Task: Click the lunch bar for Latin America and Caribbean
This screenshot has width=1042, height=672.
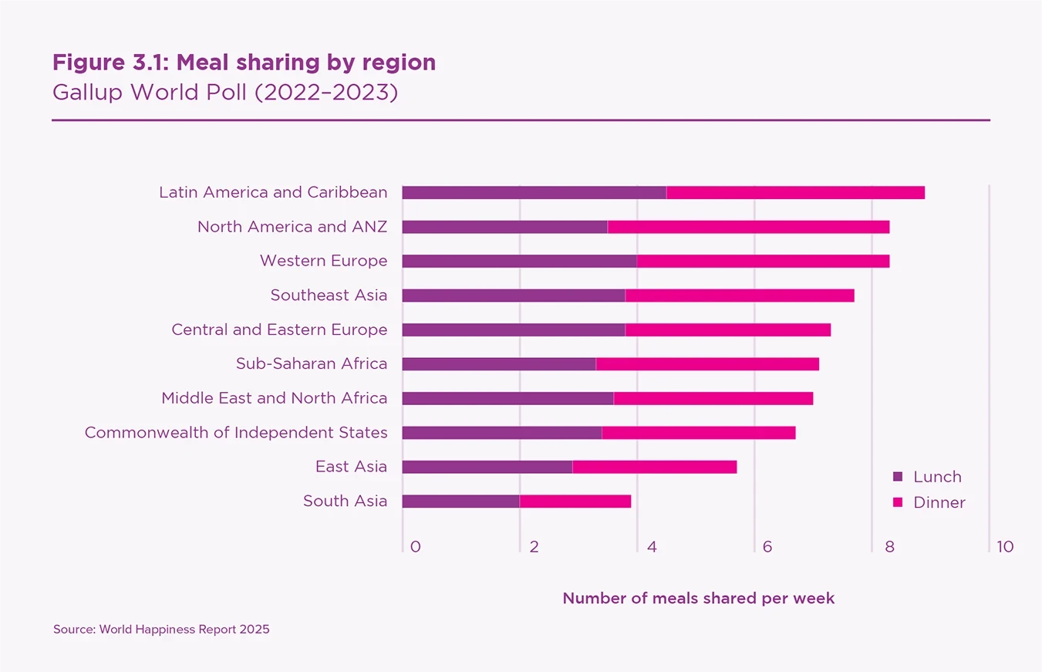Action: click(534, 193)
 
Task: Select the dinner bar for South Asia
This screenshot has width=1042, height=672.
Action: click(575, 501)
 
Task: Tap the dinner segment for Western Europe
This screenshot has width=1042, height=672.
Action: click(763, 261)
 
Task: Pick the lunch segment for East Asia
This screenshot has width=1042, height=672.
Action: click(487, 467)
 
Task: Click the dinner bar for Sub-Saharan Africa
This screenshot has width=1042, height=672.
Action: click(707, 364)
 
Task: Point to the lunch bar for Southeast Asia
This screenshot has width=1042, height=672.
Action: click(514, 295)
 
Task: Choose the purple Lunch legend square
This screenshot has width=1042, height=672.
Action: click(897, 477)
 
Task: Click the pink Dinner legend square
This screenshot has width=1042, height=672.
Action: click(897, 502)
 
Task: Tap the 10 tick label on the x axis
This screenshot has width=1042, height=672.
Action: click(1004, 547)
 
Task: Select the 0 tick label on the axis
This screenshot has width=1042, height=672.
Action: click(416, 547)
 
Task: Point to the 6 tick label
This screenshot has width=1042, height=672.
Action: click(767, 547)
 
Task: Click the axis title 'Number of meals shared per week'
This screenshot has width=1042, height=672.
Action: click(698, 599)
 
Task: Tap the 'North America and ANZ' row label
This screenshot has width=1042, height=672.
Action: click(292, 227)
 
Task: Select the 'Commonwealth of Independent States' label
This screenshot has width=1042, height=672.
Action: click(236, 433)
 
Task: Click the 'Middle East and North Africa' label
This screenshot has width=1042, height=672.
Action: click(275, 398)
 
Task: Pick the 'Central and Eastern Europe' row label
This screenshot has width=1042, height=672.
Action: click(279, 330)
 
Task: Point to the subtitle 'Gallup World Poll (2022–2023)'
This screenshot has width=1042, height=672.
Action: click(224, 93)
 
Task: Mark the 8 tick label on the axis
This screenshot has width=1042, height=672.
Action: click(889, 547)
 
